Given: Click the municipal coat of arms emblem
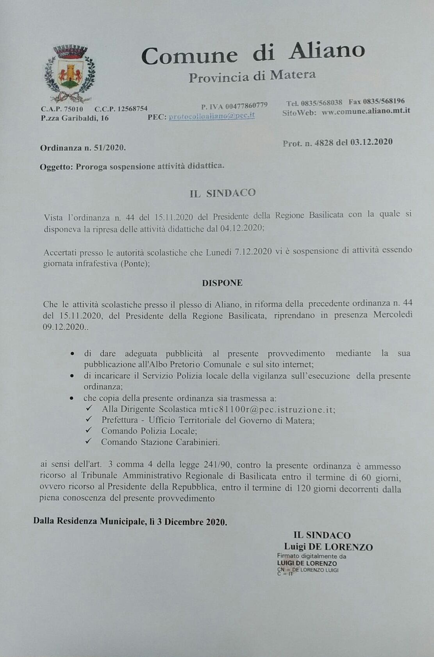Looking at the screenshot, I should [70, 73].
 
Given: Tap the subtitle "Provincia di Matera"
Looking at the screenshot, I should [252, 76].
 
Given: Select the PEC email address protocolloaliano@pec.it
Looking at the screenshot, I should [212, 116].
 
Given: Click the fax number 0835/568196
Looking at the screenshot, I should [384, 101].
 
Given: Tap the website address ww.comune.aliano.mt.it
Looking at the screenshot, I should [366, 111].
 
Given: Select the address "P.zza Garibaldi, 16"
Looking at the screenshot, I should [75, 118].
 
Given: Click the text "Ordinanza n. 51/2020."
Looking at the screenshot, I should [83, 148].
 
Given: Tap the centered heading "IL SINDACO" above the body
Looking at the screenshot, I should [223, 193].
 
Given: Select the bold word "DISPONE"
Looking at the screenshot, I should [222, 283].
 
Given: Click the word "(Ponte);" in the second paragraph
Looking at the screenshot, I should [135, 264].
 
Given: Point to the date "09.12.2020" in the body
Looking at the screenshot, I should [64, 327].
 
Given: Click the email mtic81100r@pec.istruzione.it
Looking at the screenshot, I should [267, 410].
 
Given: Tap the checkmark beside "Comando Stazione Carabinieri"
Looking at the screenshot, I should [89, 441].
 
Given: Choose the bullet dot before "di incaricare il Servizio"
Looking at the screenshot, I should [72, 376].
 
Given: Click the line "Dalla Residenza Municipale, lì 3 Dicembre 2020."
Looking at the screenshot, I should [130, 522].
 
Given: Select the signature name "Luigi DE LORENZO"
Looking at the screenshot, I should [328, 547].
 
